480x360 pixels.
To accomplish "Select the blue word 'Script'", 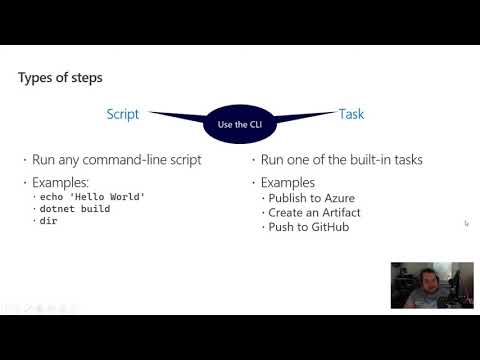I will click(123, 114).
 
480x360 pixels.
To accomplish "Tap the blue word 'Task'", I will click(351, 114).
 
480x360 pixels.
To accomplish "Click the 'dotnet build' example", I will click(70, 209).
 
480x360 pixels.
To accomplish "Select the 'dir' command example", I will click(48, 222).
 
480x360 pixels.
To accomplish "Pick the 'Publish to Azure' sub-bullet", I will click(309, 199).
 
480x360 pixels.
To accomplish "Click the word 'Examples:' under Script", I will click(64, 182).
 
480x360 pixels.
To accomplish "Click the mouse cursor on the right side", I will click(466, 223).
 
